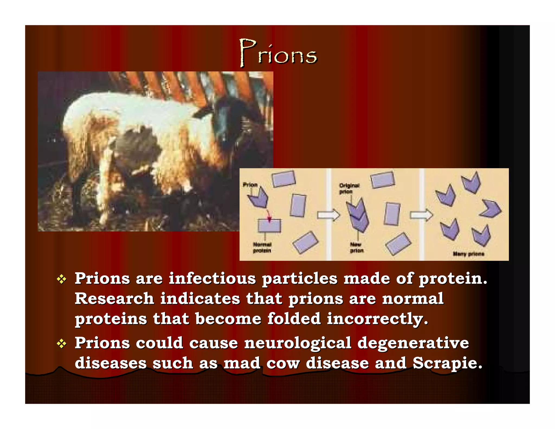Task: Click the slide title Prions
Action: coord(278,53)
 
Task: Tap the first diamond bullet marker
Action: coord(62,279)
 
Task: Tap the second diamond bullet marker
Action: coord(62,344)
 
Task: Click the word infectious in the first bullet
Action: coord(212,278)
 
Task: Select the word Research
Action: coord(114,299)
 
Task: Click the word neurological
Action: coord(298,343)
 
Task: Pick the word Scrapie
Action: coord(447,363)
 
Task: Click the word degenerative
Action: coord(413,343)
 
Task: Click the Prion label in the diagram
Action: coord(250,185)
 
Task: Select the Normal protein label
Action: coord(262,248)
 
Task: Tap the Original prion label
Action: coord(349,188)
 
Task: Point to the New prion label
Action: coord(356,248)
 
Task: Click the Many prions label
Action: coord(468,254)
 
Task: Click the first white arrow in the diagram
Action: coord(328,215)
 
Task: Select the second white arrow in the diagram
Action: coord(421,215)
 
